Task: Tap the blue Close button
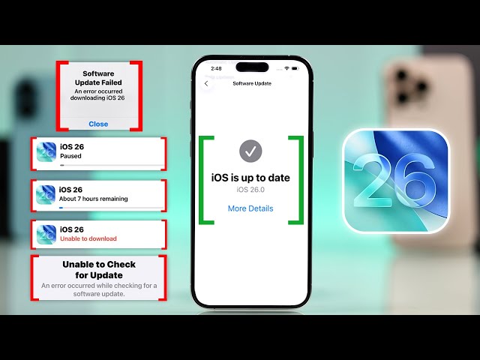[98, 124]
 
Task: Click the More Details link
[250, 208]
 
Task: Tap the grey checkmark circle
[250, 151]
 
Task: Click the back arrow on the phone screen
[206, 83]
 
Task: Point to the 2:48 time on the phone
[216, 68]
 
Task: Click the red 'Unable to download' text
[88, 238]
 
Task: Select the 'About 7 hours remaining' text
[93, 199]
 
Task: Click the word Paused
[70, 156]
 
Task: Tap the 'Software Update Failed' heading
[98, 78]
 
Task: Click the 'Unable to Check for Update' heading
[99, 270]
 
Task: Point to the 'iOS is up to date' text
[250, 178]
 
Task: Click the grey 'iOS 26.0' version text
[250, 190]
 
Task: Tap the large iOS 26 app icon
[396, 181]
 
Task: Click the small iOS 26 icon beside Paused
[46, 152]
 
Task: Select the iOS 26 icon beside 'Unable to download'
[46, 235]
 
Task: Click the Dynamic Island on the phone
[252, 67]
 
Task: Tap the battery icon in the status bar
[295, 68]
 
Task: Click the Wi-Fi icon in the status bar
[286, 68]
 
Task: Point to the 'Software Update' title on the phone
[252, 83]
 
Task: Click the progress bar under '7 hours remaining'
[112, 208]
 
